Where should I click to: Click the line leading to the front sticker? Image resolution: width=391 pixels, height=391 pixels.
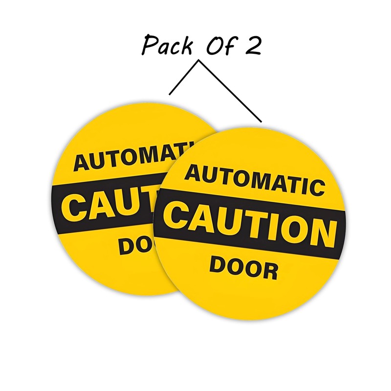pos(230,91)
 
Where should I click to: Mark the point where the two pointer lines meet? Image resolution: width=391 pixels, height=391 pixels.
pos(198,61)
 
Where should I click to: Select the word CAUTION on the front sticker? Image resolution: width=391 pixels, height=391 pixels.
pos(250,223)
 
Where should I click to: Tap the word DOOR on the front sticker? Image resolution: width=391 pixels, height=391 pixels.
pos(244,268)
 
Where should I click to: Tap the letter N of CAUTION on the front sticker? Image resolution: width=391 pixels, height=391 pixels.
pos(322,233)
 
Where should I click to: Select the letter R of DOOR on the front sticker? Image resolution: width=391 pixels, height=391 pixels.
pos(269,271)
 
